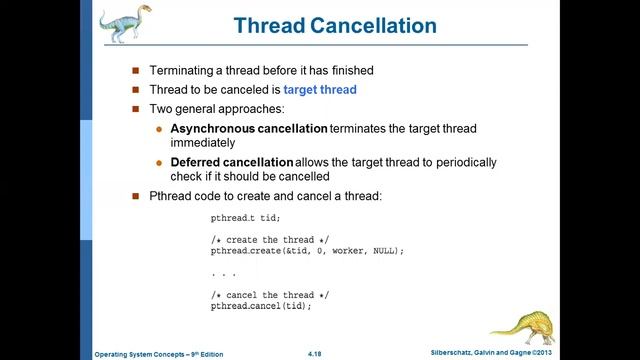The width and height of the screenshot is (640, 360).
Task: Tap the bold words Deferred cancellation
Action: click(x=231, y=162)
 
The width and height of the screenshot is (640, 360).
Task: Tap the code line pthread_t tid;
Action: click(x=245, y=218)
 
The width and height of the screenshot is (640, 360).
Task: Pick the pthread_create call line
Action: click(x=306, y=251)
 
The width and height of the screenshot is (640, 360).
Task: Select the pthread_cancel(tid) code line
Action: click(x=261, y=306)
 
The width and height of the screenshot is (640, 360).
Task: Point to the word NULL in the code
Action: click(x=387, y=251)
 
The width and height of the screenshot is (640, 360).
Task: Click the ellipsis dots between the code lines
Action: click(x=223, y=274)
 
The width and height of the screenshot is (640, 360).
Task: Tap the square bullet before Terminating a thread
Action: click(x=137, y=72)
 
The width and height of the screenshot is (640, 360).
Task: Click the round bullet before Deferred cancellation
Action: click(x=159, y=162)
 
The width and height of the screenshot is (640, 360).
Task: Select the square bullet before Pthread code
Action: click(x=137, y=195)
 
